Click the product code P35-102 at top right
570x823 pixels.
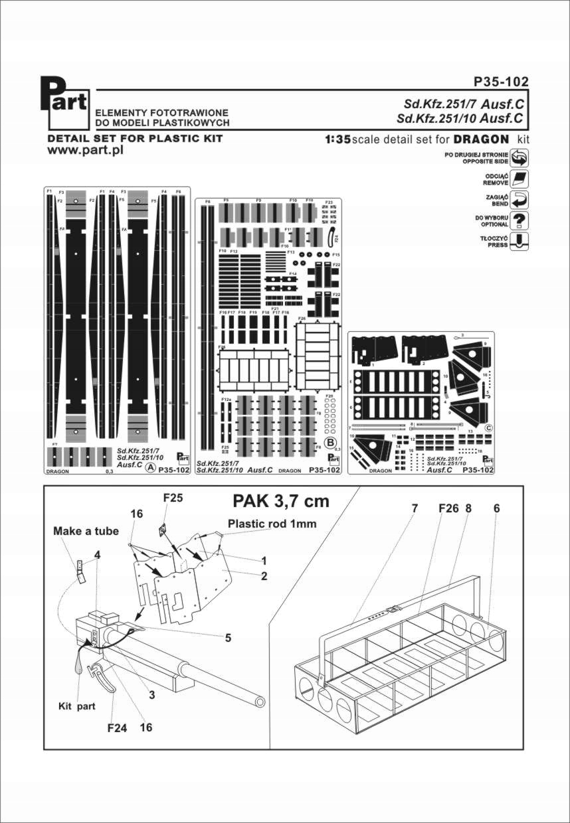click(x=501, y=82)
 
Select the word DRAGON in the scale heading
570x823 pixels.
click(x=481, y=139)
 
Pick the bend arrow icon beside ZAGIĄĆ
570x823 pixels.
click(x=522, y=200)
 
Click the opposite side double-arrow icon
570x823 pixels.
click(x=522, y=158)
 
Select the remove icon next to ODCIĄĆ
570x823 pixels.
click(x=522, y=179)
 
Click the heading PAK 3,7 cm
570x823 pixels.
click(x=280, y=501)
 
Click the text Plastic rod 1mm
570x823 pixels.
click(x=272, y=524)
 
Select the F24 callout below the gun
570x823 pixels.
click(x=116, y=727)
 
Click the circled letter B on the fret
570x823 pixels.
click(x=328, y=443)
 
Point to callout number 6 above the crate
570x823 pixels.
click(x=496, y=508)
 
